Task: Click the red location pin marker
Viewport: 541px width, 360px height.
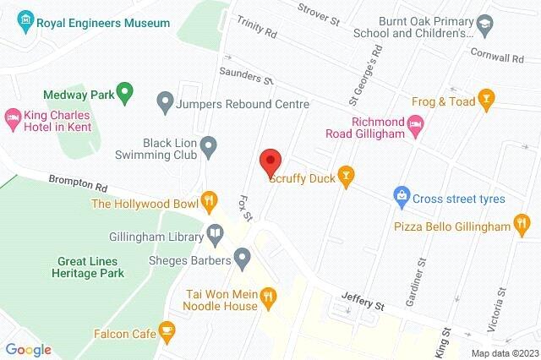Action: [x=270, y=161]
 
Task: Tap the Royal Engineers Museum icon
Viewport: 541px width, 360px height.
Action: [x=25, y=19]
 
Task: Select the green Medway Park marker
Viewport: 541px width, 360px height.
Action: [x=126, y=90]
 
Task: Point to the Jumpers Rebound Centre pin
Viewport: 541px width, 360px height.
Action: [x=167, y=104]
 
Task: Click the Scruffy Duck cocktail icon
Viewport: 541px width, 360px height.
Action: [x=344, y=177]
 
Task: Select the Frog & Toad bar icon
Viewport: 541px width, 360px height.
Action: [x=485, y=99]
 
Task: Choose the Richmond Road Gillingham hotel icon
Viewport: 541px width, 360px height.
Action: [x=416, y=125]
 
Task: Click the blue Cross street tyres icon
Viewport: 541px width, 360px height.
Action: [x=402, y=199]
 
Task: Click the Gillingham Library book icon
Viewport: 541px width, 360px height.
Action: [x=216, y=232]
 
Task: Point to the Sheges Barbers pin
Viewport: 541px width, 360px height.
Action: [x=243, y=256]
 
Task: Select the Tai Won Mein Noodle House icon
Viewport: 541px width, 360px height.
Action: [x=268, y=295]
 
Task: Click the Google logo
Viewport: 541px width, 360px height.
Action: [x=28, y=350]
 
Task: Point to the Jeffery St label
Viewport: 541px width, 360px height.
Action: [x=363, y=297]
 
